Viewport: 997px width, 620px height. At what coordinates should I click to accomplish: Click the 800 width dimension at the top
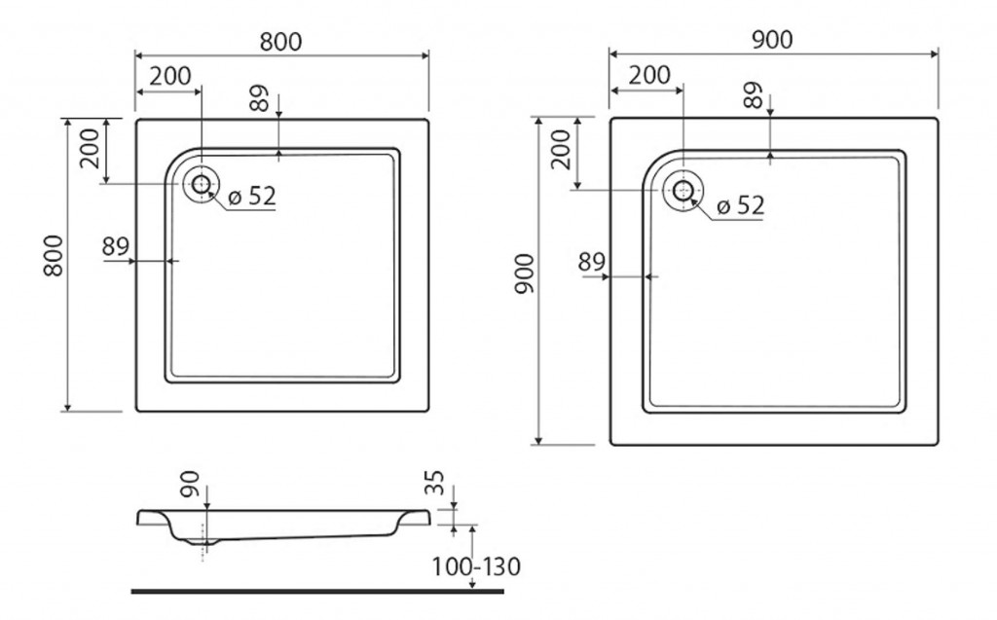coord(280,42)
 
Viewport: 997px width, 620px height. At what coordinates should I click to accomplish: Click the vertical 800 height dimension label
coord(55,256)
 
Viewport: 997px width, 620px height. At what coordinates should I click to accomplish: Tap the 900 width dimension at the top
coord(772,40)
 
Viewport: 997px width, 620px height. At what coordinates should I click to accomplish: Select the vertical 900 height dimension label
coord(525,274)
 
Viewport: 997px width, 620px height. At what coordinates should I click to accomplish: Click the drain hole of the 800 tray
coord(201,184)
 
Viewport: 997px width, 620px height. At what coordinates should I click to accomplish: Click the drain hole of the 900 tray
coord(683,190)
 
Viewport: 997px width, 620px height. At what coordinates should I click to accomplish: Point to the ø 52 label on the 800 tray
coord(252,197)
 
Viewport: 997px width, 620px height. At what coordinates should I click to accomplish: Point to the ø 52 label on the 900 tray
coord(740,205)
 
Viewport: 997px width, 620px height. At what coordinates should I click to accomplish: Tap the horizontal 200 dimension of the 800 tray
coord(170,76)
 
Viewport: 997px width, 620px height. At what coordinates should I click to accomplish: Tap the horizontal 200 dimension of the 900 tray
coord(649,75)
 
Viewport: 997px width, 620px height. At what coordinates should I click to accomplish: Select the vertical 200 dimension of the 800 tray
coord(90,148)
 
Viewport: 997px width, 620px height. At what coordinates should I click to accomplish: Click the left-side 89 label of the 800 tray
coord(115,246)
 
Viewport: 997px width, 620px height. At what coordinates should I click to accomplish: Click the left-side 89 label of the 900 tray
coord(591,262)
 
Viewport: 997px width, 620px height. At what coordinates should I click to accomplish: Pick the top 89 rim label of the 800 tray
coord(259,98)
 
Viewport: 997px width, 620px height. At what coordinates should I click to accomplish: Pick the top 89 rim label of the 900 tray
coord(753,95)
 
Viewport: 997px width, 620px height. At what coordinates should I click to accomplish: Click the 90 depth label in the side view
coord(190,484)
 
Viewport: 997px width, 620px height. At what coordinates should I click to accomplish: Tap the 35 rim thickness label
coord(434,484)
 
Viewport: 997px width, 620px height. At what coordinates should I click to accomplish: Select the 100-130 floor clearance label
coord(476,566)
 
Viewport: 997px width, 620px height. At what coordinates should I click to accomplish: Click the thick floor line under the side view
coord(318,592)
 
